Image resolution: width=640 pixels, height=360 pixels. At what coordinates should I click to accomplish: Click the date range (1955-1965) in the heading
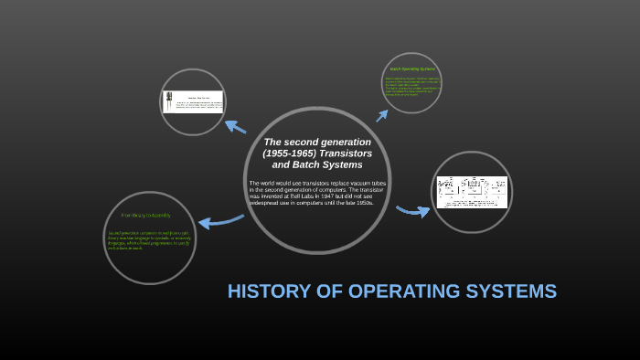tap(291, 154)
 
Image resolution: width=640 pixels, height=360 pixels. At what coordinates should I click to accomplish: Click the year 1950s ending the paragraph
tap(362, 202)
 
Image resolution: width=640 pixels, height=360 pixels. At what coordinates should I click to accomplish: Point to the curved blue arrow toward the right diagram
tap(412, 212)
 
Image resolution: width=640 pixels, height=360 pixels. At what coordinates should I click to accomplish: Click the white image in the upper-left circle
tap(194, 101)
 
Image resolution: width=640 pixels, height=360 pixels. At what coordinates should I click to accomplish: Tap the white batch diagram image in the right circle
tap(471, 192)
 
